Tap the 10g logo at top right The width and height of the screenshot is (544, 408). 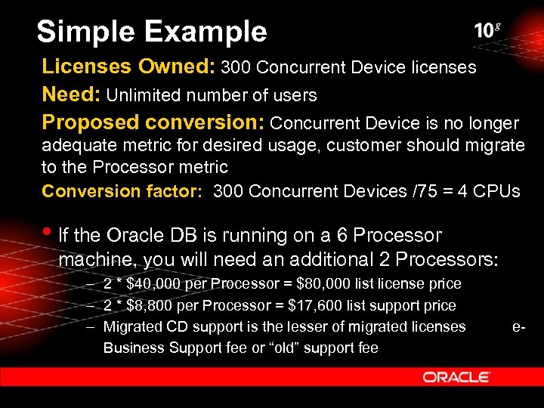click(487, 30)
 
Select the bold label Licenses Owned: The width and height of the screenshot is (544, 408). click(128, 67)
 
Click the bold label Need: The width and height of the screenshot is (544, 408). click(72, 95)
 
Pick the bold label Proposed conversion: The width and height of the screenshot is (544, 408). click(153, 122)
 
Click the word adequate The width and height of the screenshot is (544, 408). click(75, 145)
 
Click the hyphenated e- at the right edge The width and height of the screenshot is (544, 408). click(518, 326)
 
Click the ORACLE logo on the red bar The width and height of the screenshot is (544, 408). click(456, 376)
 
